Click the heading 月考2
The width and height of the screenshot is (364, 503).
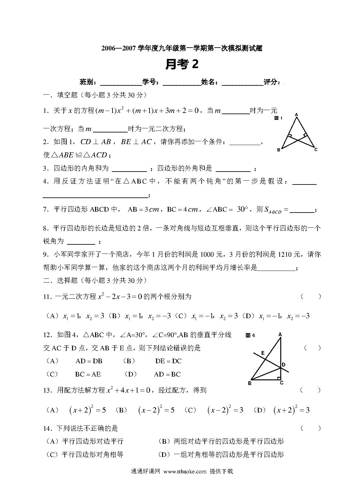click(182, 64)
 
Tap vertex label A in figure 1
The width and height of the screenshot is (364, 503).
click(296, 114)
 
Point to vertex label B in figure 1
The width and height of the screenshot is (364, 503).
click(278, 150)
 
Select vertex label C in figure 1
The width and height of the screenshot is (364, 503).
click(316, 150)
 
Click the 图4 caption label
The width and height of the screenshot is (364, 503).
click(250, 336)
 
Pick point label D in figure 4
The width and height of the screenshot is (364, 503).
click(284, 365)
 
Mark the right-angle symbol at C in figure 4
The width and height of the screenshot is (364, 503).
click(279, 378)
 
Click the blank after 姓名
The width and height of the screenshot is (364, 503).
click(242, 83)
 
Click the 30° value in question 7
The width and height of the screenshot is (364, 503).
click(243, 209)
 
